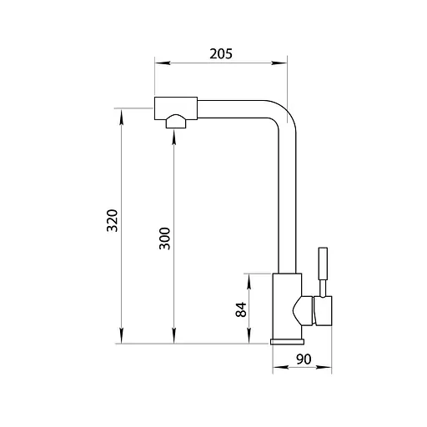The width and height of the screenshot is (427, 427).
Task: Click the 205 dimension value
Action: click(x=221, y=53)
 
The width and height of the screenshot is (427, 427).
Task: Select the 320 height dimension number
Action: click(x=113, y=220)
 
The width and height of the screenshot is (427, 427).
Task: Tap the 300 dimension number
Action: click(x=164, y=239)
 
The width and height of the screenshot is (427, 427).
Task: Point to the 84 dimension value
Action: click(x=241, y=309)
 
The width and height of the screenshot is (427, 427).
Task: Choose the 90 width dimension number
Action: click(x=304, y=359)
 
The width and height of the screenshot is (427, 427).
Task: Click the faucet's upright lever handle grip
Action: click(x=323, y=264)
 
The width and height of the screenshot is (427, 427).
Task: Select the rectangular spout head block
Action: click(x=176, y=108)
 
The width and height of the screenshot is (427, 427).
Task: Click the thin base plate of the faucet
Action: click(x=287, y=342)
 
